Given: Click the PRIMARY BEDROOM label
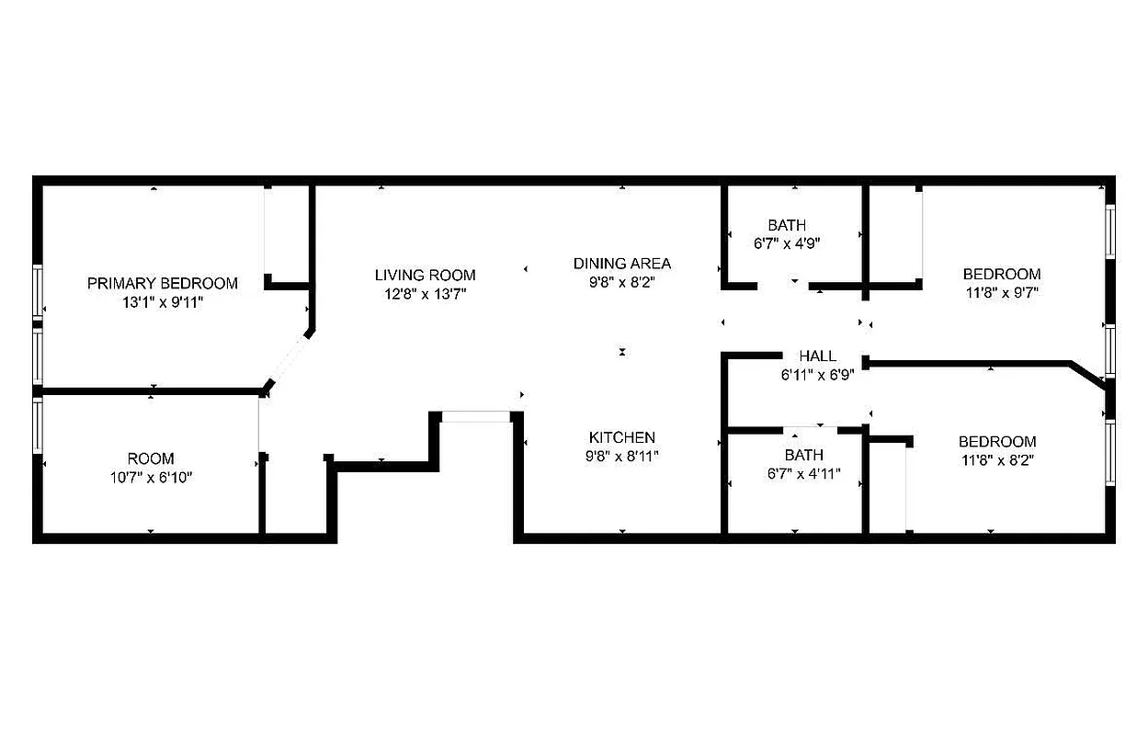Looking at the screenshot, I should [163, 283].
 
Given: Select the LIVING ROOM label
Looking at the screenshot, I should [426, 275].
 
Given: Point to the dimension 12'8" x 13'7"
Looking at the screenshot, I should [426, 293].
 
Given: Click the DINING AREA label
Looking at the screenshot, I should [622, 264].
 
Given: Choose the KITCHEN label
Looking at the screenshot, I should [622, 437].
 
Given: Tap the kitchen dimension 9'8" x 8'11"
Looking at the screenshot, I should [622, 456].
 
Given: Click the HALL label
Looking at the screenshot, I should [817, 356].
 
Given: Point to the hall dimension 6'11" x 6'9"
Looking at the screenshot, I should [817, 374].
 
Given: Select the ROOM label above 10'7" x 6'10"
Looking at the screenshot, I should [151, 458].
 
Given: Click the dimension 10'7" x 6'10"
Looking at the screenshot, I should [151, 477].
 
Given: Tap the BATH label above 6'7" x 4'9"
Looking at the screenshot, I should [787, 225].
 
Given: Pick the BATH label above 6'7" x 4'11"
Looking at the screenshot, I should [803, 455].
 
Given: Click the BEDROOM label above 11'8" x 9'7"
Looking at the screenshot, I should [1002, 274].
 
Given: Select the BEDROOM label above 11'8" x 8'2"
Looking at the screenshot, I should [997, 441].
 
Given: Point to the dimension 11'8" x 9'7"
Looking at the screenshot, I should [1002, 293].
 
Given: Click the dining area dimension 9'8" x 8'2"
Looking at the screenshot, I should [622, 283].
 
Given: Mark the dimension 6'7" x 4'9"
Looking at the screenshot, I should [787, 244].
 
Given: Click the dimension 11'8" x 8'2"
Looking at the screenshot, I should [997, 460].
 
